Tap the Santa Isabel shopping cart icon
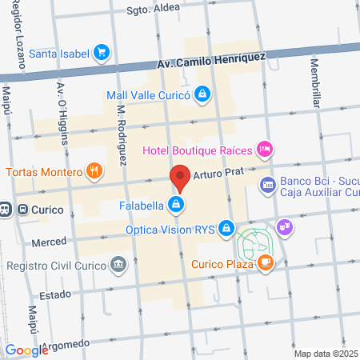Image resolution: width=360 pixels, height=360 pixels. point(101,54)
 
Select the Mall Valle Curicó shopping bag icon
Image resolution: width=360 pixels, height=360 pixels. point(203,95)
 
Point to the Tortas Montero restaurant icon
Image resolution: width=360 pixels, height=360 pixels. point(94,171)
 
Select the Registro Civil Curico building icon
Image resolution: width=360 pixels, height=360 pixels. point(118,264)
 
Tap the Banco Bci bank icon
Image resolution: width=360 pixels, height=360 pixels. point(267,186)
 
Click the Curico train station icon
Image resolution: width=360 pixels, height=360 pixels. point(6,210)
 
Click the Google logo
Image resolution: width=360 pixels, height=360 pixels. point(26,350)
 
